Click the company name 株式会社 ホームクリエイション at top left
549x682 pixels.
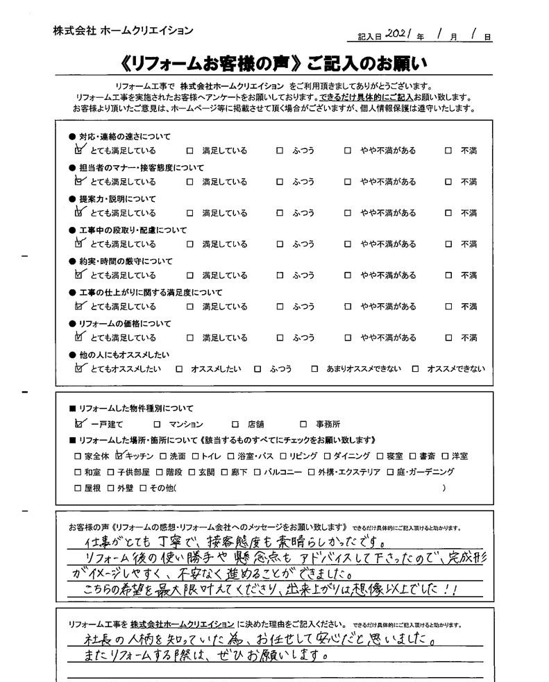click(x=123, y=31)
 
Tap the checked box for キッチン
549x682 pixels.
click(x=119, y=456)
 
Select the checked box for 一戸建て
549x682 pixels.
click(x=78, y=423)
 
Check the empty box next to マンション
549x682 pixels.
click(x=157, y=424)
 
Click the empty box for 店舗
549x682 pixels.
click(x=233, y=424)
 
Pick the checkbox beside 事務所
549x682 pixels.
click(x=303, y=424)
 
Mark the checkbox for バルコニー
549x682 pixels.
click(x=257, y=472)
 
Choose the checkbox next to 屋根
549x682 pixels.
click(x=78, y=488)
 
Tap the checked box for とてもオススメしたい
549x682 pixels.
click(x=78, y=368)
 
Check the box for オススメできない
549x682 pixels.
click(x=415, y=369)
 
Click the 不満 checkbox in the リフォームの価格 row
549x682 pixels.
click(x=448, y=338)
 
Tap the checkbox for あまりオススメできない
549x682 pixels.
click(x=314, y=369)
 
